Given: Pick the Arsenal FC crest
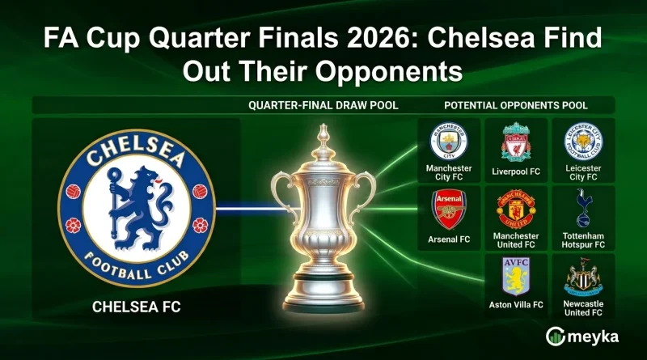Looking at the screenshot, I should (x=450, y=210).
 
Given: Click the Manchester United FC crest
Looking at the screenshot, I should (x=515, y=210).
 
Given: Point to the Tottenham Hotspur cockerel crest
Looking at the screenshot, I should (x=582, y=208).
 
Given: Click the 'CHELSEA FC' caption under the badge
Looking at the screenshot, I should (x=136, y=307).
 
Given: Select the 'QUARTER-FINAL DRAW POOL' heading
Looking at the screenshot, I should (x=323, y=106).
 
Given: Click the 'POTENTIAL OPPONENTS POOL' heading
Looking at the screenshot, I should (x=516, y=106).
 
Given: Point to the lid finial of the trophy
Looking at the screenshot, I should (x=323, y=133).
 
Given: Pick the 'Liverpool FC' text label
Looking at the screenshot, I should (x=515, y=172).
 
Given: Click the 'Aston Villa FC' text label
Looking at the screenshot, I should (x=515, y=305).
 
